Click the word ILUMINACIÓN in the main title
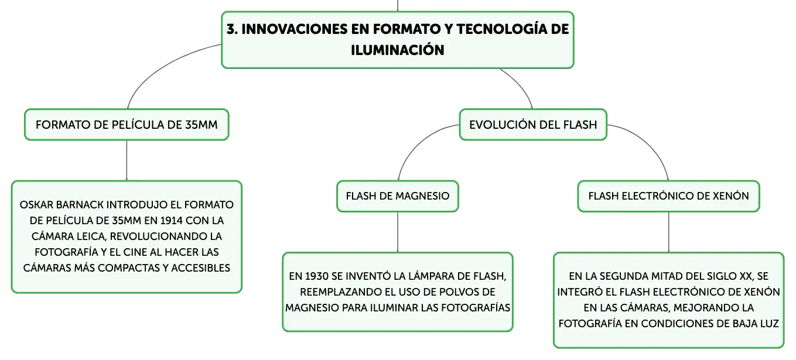[x=397, y=50]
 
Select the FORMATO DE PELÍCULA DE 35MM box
[x=127, y=125]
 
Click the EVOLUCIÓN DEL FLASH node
[x=532, y=125]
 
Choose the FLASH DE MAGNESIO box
[x=397, y=196]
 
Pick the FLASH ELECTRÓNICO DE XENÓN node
[x=668, y=196]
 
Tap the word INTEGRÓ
[x=580, y=292]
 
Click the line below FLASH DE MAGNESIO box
[x=397, y=232]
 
